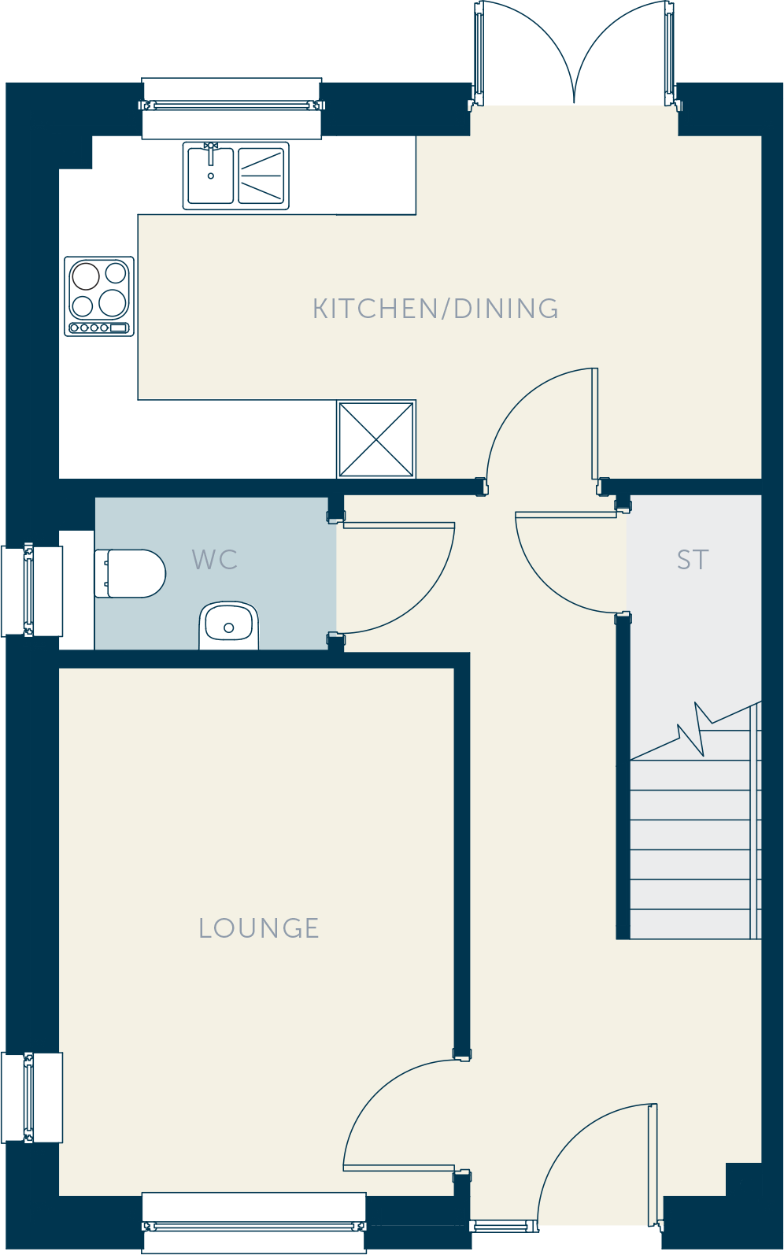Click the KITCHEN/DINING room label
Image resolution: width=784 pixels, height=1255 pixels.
435,309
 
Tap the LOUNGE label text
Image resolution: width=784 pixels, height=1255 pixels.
259,928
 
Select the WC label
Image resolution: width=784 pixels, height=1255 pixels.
215,560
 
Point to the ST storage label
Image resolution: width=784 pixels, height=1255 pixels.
693,560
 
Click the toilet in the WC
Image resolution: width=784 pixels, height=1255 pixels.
130,573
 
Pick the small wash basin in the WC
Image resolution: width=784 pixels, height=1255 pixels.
228,625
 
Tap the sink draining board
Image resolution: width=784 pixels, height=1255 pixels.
261,176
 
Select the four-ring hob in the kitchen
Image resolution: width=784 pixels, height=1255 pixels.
99,296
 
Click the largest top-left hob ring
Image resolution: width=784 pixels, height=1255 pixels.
85,276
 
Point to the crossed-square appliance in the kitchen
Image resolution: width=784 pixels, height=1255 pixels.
376,439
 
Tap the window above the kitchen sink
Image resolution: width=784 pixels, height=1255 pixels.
231,106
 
